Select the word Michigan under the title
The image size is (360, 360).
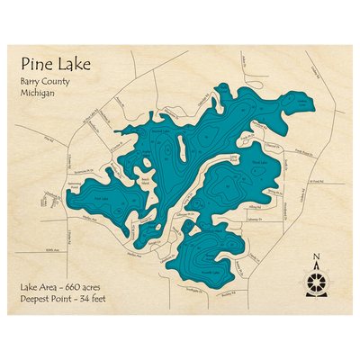[x=39, y=94]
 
